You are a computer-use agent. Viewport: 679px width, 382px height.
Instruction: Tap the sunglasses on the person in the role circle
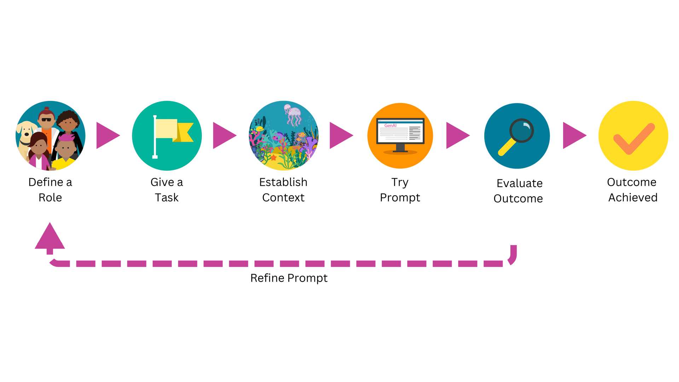(x=46, y=120)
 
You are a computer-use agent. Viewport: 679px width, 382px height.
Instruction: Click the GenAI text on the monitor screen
(x=390, y=126)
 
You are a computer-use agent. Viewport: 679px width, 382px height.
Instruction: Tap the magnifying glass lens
(x=522, y=131)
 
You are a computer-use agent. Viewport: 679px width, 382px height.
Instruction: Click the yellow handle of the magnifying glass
(x=506, y=147)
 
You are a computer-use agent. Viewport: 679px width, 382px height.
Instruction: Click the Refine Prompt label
(x=289, y=278)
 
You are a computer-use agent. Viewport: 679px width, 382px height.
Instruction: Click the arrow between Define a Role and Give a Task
(x=108, y=135)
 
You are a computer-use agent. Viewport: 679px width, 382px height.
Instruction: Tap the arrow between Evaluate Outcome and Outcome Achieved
(x=575, y=135)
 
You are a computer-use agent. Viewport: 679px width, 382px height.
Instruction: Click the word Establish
(x=283, y=182)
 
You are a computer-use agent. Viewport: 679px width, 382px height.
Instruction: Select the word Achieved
(x=633, y=197)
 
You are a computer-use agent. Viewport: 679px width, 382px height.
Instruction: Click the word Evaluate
(x=520, y=183)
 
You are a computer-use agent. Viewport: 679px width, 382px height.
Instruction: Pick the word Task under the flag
(x=167, y=197)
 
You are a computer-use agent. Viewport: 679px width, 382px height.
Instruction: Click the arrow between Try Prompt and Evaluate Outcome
(x=458, y=135)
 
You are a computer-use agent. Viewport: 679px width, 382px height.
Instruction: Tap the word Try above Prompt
(x=400, y=183)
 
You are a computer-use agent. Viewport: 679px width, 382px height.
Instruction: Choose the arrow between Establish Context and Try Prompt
(x=342, y=135)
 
